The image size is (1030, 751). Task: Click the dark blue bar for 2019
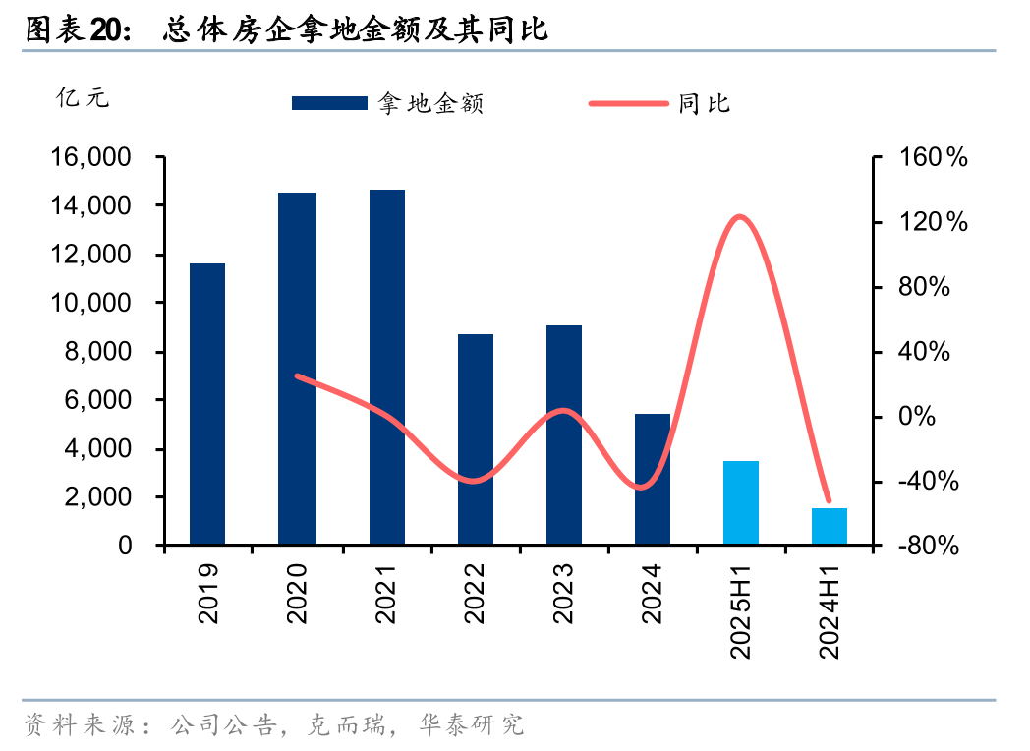coord(207,403)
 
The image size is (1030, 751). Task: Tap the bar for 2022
coord(476,438)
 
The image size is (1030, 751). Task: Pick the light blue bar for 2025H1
coord(741,502)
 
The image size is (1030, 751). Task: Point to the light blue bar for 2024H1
coord(830,526)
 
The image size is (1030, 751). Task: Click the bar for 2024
coord(653,479)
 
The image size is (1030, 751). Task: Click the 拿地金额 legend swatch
coord(329,103)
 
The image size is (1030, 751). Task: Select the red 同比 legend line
coord(628,103)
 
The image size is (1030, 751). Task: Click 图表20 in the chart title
coord(77,30)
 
